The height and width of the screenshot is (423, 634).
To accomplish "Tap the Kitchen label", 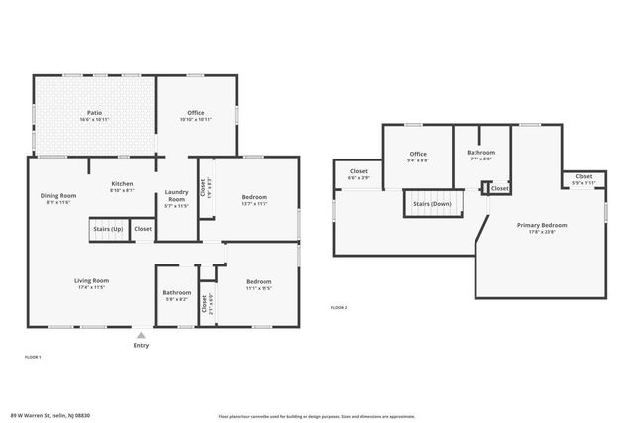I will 122,183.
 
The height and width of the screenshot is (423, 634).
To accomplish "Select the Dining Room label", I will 58,195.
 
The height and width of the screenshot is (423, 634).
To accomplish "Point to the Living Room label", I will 91,281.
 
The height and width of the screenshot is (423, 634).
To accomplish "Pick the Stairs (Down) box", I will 427,204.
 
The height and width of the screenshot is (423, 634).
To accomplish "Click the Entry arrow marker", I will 142,334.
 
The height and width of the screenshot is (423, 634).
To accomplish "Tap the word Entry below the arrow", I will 142,345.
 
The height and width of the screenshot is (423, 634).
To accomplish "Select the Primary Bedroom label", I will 542,225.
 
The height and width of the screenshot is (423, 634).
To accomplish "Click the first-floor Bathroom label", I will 177,292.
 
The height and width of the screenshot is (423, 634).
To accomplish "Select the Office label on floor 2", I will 418,154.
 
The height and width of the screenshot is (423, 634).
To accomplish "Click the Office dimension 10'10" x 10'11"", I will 196,119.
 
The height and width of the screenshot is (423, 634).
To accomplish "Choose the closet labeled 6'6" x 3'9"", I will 359,178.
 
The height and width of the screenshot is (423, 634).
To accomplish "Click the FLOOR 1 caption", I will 33,356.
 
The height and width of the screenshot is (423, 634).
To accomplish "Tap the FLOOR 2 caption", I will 339,308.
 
